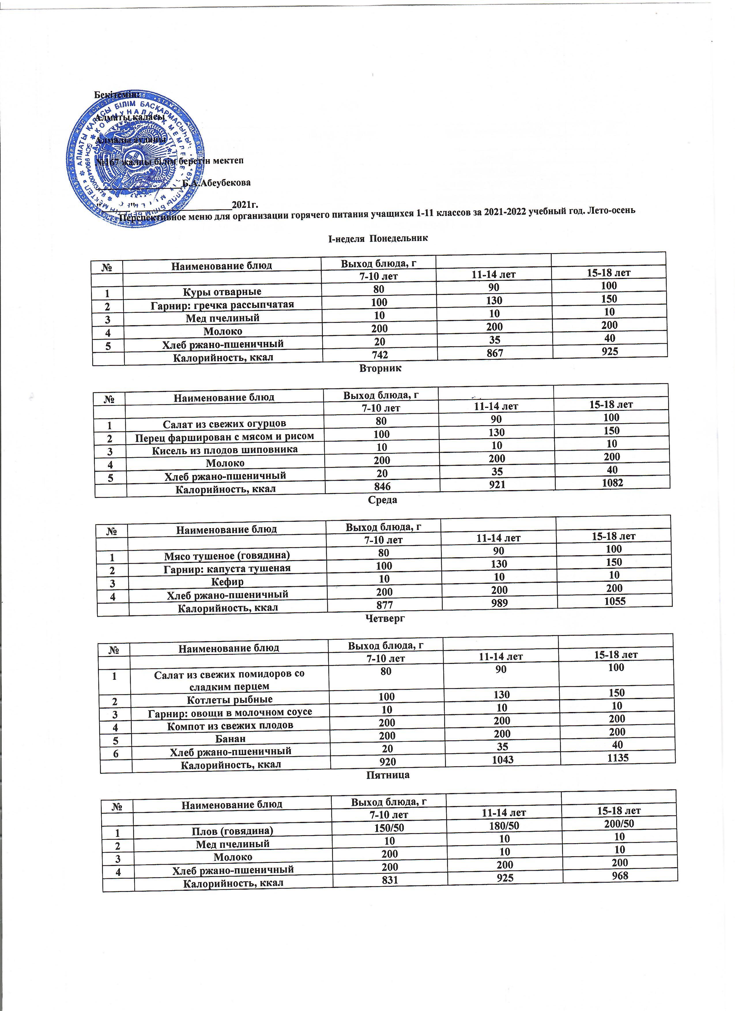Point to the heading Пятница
point(387,775)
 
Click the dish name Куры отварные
point(222,292)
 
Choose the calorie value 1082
point(612,483)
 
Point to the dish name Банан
point(230,739)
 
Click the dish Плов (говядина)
point(232,831)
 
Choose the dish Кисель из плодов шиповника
point(225,450)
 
